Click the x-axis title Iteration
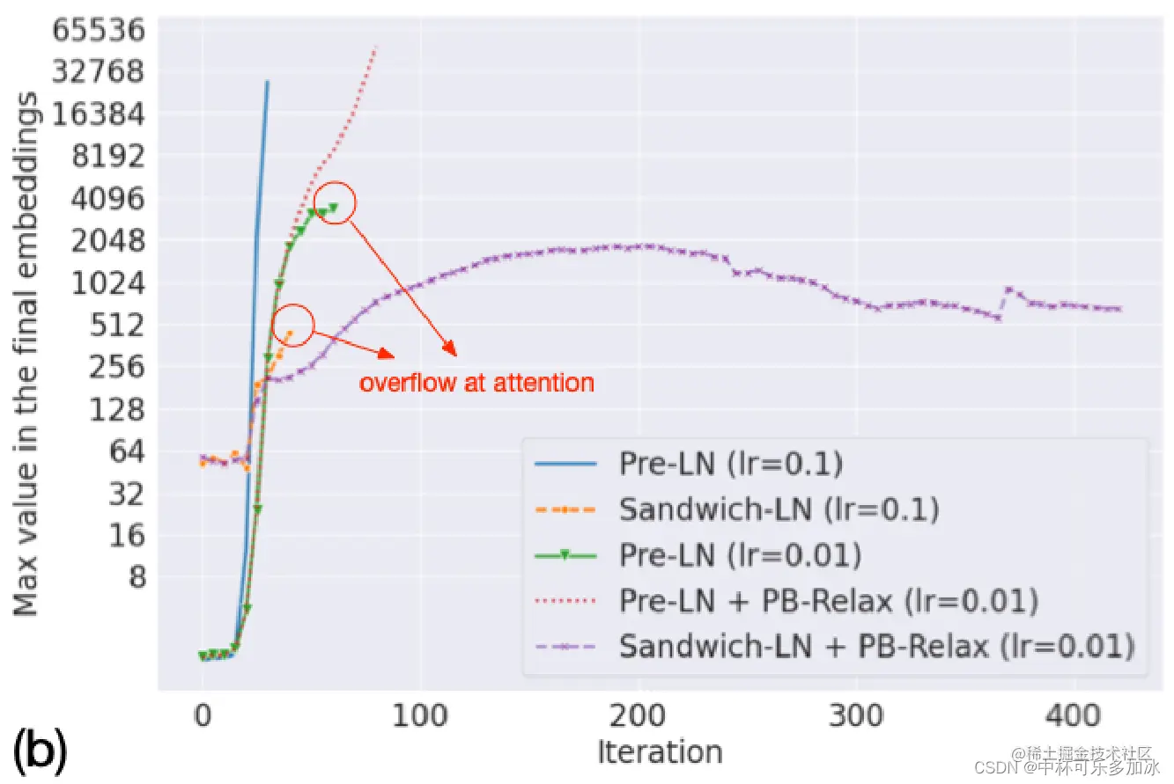660,752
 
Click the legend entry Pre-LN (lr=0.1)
730,465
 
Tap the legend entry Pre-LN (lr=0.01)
740,555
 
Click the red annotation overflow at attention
476,383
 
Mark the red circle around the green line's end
335,202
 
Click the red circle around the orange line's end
294,325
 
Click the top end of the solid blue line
268,82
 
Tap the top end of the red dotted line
376,47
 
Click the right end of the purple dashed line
1119,309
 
